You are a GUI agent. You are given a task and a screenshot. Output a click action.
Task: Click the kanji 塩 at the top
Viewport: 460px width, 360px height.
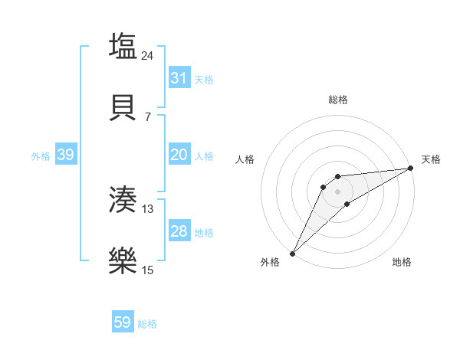123,46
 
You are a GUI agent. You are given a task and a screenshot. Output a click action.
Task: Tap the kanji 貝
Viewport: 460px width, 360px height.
123,107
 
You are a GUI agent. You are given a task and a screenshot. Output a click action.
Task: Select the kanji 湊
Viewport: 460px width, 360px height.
123,200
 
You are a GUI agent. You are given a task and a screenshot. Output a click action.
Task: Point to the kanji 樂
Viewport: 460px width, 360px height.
123,260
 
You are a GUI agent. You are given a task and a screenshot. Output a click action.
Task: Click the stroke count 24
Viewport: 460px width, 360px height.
148,56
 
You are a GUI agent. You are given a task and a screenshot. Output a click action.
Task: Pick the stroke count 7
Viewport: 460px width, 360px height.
148,117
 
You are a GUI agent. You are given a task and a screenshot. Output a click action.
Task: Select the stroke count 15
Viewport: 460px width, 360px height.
148,270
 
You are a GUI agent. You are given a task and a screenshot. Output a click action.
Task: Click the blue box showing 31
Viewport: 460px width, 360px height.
179,77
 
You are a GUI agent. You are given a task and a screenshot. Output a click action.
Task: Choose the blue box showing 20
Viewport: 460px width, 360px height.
179,155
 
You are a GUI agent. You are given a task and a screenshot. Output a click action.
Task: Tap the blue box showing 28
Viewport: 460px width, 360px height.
179,231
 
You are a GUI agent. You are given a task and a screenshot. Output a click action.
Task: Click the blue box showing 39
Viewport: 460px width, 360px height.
65,155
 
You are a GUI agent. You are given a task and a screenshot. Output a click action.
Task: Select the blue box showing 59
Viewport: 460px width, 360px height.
122,322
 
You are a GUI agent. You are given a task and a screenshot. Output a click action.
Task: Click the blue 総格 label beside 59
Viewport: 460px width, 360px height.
147,324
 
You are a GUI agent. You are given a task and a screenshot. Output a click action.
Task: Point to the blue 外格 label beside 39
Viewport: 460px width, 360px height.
41,156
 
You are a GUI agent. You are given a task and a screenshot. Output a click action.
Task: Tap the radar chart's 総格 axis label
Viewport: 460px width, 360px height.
337,100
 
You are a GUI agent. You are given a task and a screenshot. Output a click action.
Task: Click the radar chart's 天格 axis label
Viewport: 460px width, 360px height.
431,159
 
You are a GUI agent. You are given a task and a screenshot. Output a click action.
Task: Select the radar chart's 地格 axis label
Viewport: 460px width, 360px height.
402,262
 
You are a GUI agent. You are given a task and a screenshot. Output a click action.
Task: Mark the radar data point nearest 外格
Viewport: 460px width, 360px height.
292,253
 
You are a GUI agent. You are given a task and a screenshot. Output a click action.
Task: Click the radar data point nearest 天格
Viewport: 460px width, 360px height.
411,169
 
